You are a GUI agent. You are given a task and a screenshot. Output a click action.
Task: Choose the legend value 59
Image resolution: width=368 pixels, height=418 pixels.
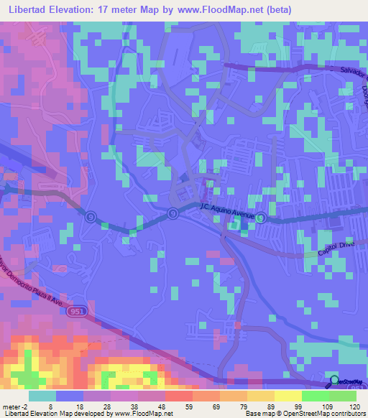coord(178,406)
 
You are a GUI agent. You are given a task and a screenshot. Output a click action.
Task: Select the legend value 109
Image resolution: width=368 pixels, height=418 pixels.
coord(316,406)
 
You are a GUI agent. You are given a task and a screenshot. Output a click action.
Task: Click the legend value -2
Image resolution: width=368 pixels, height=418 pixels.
coord(9,406)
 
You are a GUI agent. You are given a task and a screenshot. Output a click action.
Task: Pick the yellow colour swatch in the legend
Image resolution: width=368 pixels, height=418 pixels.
coord(288,395)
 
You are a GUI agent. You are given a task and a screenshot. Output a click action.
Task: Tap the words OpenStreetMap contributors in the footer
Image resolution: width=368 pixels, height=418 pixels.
coord(326,414)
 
